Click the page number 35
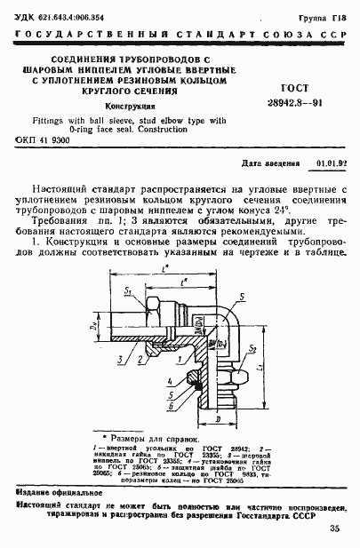click(x=334, y=530)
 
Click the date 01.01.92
click(x=332, y=164)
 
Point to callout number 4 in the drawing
click(x=167, y=383)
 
